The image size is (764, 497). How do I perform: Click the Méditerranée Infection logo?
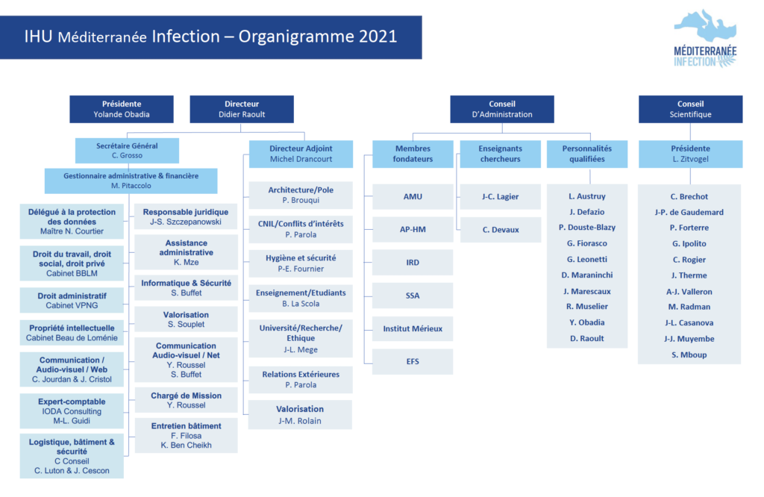pyautogui.click(x=705, y=39)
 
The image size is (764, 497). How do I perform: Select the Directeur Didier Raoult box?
pyautogui.click(x=242, y=109)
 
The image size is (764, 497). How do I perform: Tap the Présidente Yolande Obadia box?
pyautogui.click(x=122, y=109)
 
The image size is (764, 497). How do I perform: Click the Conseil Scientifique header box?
pyautogui.click(x=690, y=109)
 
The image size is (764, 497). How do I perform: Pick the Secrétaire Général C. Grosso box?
pyautogui.click(x=127, y=151)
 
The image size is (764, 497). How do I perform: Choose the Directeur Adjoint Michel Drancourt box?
pyautogui.click(x=301, y=154)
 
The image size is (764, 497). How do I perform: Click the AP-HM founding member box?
pyautogui.click(x=413, y=230)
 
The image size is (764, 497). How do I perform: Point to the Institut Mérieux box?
pyautogui.click(x=413, y=329)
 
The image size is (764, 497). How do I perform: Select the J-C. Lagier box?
pyautogui.click(x=501, y=197)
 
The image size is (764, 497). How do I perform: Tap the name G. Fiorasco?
pyautogui.click(x=586, y=243)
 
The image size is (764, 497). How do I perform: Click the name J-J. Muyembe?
pyautogui.click(x=689, y=339)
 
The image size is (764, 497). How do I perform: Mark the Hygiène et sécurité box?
pyautogui.click(x=301, y=263)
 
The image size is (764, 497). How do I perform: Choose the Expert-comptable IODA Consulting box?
pyautogui.click(x=72, y=411)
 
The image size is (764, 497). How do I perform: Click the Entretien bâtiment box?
pyautogui.click(x=186, y=436)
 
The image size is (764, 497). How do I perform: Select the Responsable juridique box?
pyautogui.click(x=186, y=217)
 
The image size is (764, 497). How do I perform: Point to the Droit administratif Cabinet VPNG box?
pyautogui.click(x=72, y=301)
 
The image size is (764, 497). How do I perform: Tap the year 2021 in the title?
pyautogui.click(x=378, y=37)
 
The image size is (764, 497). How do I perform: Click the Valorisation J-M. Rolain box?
pyautogui.click(x=300, y=415)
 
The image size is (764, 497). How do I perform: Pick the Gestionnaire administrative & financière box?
pyautogui.click(x=131, y=181)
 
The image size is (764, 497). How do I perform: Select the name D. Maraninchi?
pyautogui.click(x=586, y=275)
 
